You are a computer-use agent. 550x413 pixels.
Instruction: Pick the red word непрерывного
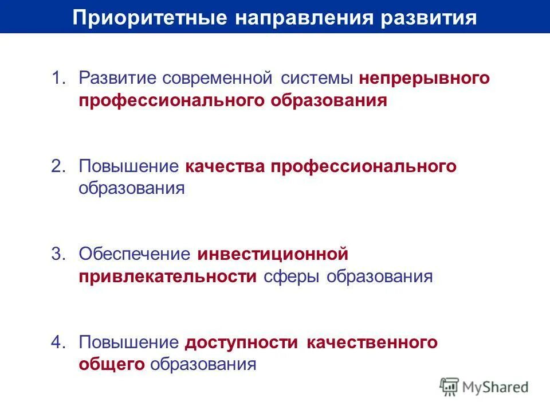[x=425, y=78]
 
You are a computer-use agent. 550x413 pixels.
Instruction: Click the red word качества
[x=225, y=166]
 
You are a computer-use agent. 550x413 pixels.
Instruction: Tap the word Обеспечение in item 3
[x=134, y=254]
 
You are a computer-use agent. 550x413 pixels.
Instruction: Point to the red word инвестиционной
[x=273, y=254]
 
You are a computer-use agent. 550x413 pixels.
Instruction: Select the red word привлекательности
[x=168, y=276]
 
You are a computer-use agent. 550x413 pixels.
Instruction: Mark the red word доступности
[x=242, y=342]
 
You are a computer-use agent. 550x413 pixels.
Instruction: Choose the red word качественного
[x=372, y=342]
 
